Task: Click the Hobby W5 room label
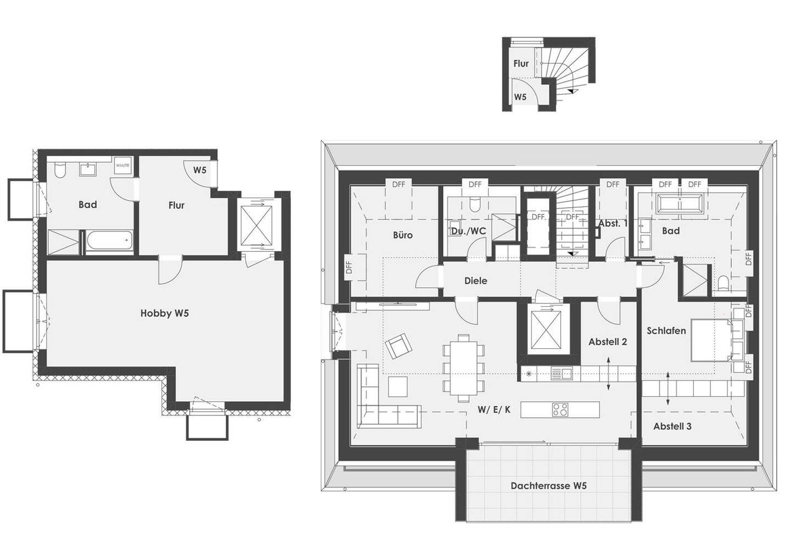tap(164, 313)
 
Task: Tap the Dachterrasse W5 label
tap(548, 486)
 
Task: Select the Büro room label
tap(403, 235)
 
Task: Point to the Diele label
tap(476, 281)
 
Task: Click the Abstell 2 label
tap(608, 342)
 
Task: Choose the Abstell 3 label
tap(672, 426)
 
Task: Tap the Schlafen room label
tap(666, 331)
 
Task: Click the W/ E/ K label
tap(494, 409)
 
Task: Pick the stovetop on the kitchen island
tap(560, 409)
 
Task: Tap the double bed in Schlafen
tap(712, 340)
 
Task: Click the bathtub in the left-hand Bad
tap(109, 241)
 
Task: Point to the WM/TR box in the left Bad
tap(122, 165)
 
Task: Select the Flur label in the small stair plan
tap(521, 64)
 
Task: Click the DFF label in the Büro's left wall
tap(349, 268)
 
